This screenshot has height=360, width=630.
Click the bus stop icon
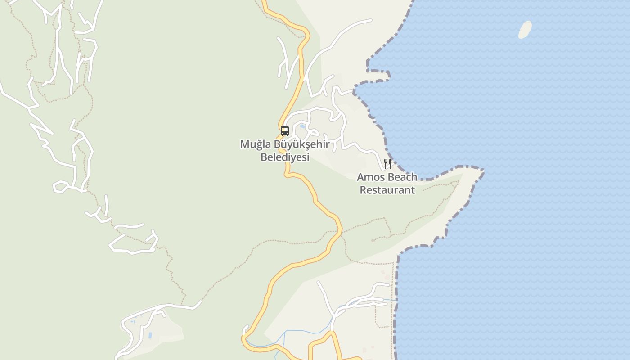click(285, 131)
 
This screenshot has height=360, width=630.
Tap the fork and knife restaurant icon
click(387, 163)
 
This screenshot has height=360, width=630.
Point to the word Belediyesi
click(285, 157)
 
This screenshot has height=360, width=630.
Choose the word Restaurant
click(387, 190)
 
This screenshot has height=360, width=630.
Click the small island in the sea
click(525, 30)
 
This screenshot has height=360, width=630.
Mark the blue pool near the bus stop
click(302, 126)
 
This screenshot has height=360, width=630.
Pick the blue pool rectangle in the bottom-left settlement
click(150, 336)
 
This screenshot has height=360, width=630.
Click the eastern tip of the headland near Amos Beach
click(483, 171)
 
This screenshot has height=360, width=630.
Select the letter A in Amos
click(361, 177)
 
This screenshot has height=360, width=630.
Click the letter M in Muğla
click(245, 145)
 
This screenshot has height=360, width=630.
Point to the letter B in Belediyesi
click(264, 157)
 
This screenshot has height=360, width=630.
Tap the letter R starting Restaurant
click(363, 190)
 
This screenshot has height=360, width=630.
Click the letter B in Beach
click(391, 177)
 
